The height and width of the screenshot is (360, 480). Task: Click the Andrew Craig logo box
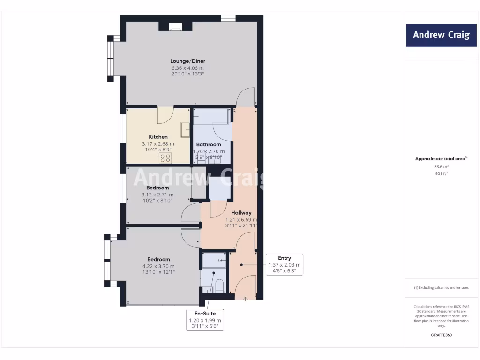click(x=441, y=35)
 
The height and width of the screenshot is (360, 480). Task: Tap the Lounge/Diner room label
click(x=187, y=61)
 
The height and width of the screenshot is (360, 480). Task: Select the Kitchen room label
click(x=158, y=137)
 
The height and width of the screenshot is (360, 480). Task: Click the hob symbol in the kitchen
click(x=165, y=158)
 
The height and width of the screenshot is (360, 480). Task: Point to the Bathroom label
click(x=209, y=144)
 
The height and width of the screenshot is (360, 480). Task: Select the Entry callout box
click(x=284, y=264)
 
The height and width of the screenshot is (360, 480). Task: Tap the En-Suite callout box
click(x=205, y=320)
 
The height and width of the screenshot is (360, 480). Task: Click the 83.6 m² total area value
click(x=441, y=166)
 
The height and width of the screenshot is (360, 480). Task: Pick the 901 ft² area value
click(x=441, y=173)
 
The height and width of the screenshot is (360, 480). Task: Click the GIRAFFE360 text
click(x=441, y=335)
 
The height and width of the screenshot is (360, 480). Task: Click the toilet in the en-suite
click(x=219, y=285)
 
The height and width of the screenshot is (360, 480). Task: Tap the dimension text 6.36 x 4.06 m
click(x=187, y=67)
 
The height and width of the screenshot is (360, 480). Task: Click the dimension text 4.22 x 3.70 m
click(x=158, y=266)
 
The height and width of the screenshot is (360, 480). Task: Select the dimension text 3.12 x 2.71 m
click(x=157, y=195)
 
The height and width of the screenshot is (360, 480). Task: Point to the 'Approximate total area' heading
click(x=441, y=159)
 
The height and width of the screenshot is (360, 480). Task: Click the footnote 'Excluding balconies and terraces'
click(x=441, y=288)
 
